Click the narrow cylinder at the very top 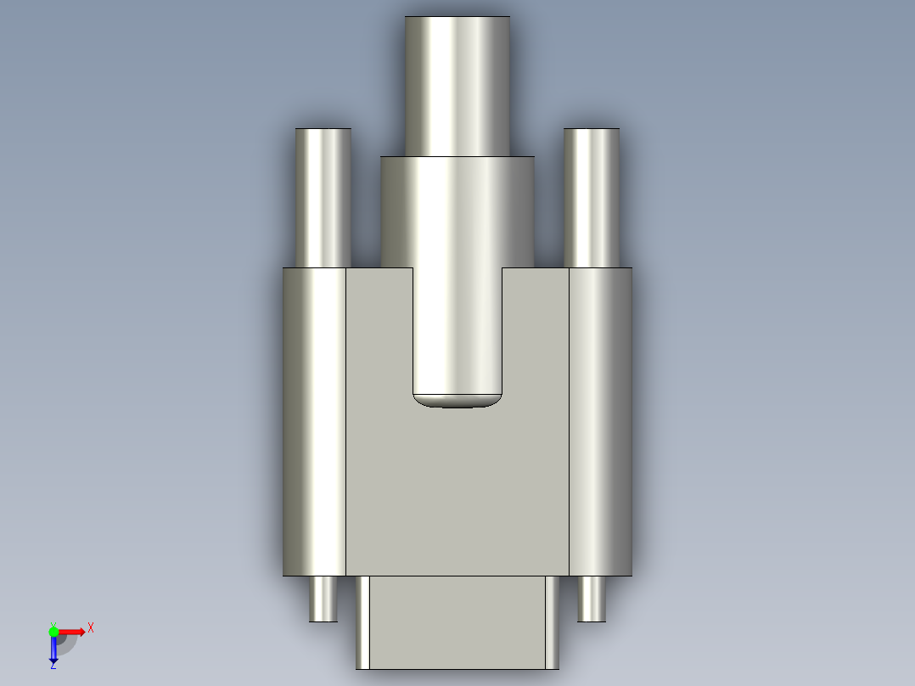point(457,85)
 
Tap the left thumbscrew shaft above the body point(323,197)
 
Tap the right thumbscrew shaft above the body point(591,197)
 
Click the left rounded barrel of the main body point(314,422)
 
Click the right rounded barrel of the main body point(600,422)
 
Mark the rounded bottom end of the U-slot point(457,400)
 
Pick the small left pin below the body point(323,599)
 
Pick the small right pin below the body point(591,599)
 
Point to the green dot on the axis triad point(53,631)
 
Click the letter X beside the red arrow point(91,627)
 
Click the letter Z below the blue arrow point(53,666)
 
